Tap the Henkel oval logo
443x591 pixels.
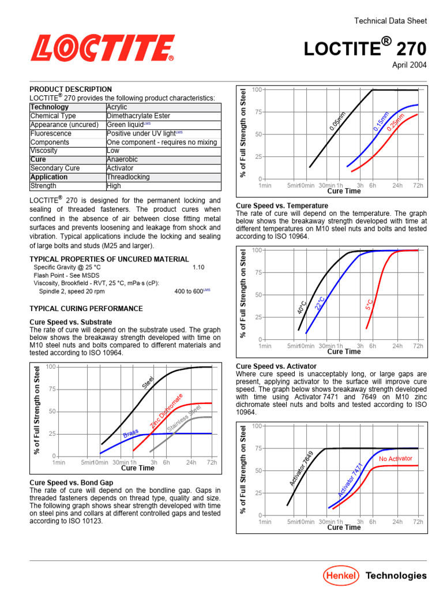tap(340, 575)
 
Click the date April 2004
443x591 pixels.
tap(410, 65)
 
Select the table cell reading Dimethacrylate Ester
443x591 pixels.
tap(138, 116)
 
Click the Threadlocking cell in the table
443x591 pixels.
tap(128, 177)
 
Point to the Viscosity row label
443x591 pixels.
tap(44, 151)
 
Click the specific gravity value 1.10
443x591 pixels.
tap(198, 267)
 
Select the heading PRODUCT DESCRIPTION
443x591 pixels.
tap(71, 89)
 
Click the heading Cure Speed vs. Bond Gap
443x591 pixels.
tap(71, 481)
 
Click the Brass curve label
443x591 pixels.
tap(131, 433)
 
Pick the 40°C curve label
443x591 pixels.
tap(301, 307)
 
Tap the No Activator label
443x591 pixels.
tap(396, 459)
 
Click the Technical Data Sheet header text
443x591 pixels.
tap(391, 21)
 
